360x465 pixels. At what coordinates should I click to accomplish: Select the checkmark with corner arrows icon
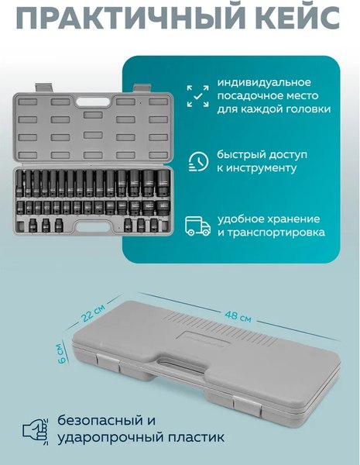click(199, 96)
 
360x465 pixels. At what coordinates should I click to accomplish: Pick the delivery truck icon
click(199, 226)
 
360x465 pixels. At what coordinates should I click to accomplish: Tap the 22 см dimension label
click(92, 312)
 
